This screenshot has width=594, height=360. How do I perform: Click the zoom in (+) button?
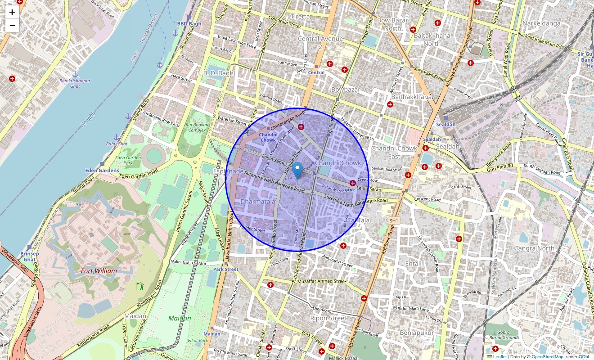pos(12,12)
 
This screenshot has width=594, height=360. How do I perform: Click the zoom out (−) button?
pos(12,26)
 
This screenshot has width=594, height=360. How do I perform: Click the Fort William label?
pos(99,271)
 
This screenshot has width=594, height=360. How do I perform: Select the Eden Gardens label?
pos(102,171)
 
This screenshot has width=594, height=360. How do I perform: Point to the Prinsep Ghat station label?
pos(30,256)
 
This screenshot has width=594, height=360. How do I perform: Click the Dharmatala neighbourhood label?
pos(257,202)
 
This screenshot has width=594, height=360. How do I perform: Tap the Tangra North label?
pos(535,248)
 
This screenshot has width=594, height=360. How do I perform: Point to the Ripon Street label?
pos(328,318)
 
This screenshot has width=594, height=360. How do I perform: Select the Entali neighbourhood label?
pos(413,263)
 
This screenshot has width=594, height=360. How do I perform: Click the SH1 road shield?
pos(394,220)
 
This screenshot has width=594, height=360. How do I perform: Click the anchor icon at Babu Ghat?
pos(116,137)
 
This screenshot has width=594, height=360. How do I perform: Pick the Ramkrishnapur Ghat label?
pos(75,83)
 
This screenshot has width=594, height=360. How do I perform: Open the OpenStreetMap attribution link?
pos(547,356)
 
